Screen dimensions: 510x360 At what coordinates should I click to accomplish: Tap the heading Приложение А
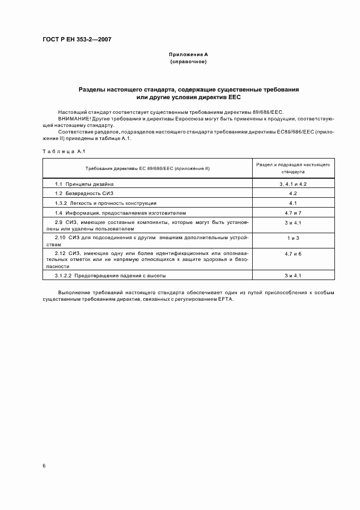(188, 55)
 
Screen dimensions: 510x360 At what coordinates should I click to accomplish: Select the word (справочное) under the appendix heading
(188, 62)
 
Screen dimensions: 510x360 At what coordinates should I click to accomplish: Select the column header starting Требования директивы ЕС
(147, 168)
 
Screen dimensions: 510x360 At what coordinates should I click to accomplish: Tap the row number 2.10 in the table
(61, 238)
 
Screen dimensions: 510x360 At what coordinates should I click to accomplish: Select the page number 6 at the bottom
(44, 466)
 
